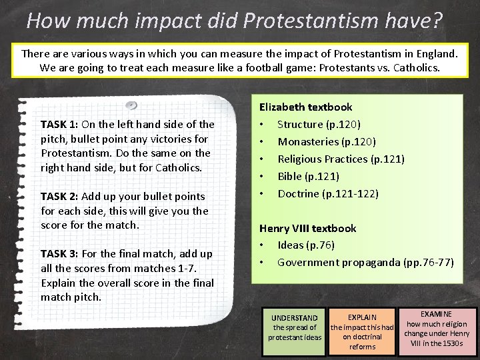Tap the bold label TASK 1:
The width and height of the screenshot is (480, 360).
coord(59,124)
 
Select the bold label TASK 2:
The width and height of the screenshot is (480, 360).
coord(59,196)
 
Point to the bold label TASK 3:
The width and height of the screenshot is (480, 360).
coord(59,253)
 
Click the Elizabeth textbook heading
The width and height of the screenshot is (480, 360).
coord(305,107)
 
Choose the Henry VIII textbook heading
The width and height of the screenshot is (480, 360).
coord(307,228)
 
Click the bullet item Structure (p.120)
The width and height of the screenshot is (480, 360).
coord(319,124)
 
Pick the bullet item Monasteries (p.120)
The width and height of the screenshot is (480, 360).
coord(327,141)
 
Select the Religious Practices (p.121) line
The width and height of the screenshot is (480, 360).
coord(341,159)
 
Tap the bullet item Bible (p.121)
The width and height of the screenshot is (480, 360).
coord(308,176)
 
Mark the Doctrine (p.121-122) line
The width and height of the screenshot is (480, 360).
coord(327,193)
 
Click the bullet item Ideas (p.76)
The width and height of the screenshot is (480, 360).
coord(306,245)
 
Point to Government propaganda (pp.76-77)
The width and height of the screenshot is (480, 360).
coord(365,262)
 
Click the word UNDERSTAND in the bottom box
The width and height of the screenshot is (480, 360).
coord(295,318)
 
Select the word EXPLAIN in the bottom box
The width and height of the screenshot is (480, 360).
coord(363,317)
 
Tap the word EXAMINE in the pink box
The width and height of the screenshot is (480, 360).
coord(437,314)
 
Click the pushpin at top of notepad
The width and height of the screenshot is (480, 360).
coord(132,105)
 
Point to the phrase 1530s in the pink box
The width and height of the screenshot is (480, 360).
coord(456,343)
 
